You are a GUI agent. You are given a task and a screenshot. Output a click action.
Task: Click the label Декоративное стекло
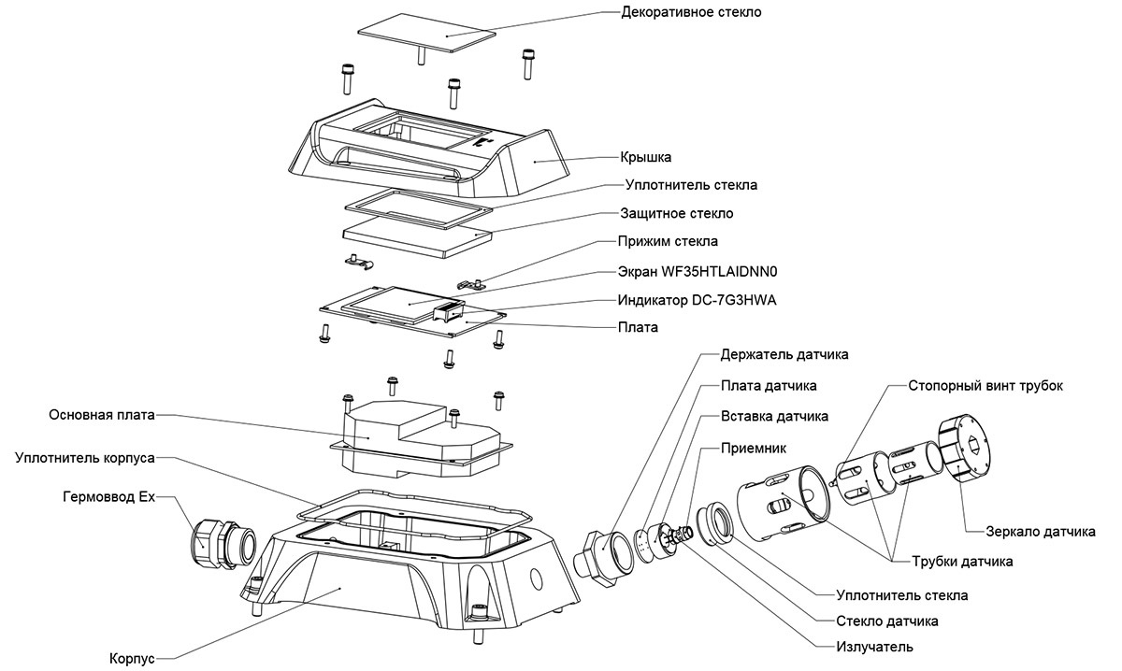pyautogui.click(x=691, y=12)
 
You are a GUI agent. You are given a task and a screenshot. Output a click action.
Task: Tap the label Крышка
pyautogui.click(x=646, y=157)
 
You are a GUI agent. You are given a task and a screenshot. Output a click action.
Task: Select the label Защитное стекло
pyautogui.click(x=677, y=213)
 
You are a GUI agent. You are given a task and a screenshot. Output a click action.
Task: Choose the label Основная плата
pyautogui.click(x=102, y=414)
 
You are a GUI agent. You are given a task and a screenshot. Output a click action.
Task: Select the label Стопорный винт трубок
pyautogui.click(x=985, y=385)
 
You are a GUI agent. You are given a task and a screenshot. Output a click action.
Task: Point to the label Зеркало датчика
pyautogui.click(x=1041, y=532)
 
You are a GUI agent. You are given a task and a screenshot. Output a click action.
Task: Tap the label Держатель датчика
pyautogui.click(x=784, y=355)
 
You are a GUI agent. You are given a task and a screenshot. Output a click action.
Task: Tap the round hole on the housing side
pyautogui.click(x=537, y=578)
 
